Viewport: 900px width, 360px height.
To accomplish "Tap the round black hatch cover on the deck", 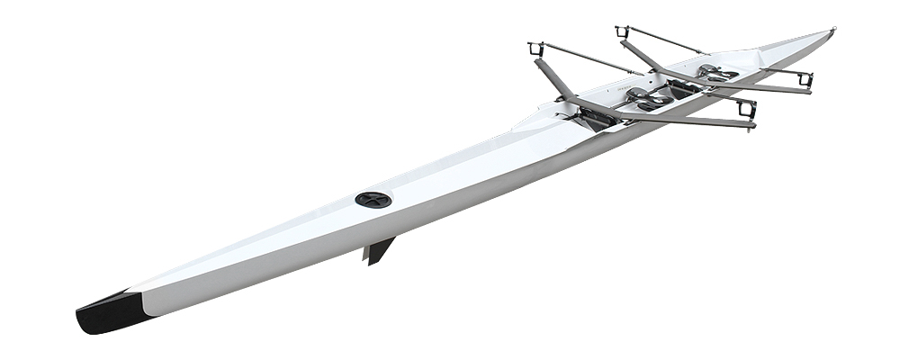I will coord(373,200).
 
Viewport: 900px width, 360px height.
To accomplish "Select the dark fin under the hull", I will coord(381,249).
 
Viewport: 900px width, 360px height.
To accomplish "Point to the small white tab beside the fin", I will coord(366,255).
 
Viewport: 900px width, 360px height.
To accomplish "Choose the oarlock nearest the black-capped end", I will coord(536,48).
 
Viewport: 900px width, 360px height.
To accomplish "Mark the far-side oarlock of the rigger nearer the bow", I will coord(622,32).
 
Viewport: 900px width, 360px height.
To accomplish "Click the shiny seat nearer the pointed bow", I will coord(712,69).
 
